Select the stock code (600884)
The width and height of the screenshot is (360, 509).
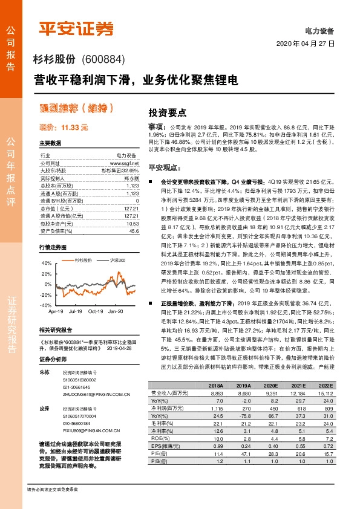click(x=103, y=59)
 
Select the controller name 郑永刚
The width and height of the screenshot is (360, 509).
click(x=131, y=179)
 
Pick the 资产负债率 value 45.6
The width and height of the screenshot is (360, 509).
click(x=134, y=231)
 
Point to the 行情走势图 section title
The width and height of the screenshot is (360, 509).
click(x=53, y=248)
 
